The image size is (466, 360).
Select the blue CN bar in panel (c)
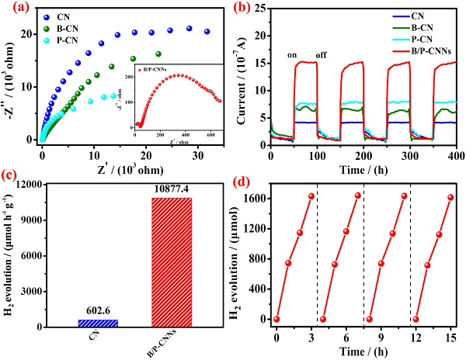click(x=82, y=323)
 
